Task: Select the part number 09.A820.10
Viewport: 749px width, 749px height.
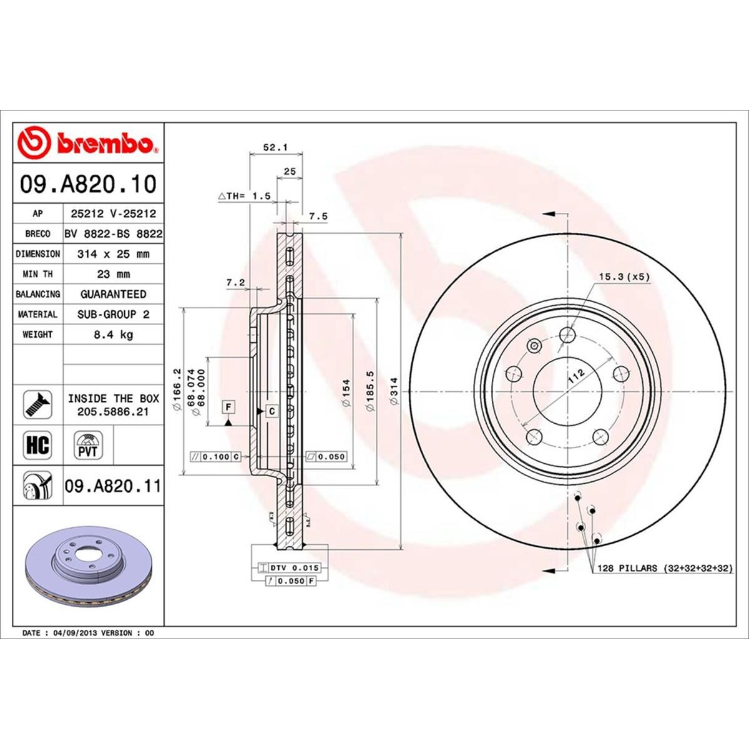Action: tap(88, 184)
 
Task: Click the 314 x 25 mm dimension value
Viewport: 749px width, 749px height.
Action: tap(113, 254)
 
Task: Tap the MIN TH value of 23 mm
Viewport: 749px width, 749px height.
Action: tap(113, 274)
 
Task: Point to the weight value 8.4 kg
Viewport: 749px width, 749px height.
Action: tap(113, 335)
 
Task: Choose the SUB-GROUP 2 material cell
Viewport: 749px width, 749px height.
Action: tap(113, 315)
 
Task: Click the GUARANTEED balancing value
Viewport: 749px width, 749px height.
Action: tap(113, 294)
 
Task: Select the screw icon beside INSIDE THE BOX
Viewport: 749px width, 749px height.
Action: tap(38, 405)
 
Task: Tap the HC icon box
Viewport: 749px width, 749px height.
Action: tap(38, 446)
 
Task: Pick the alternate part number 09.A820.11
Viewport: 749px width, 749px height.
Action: tap(113, 486)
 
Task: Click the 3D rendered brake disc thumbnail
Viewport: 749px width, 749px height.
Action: tap(87, 568)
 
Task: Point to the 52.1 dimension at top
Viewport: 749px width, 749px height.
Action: tap(275, 148)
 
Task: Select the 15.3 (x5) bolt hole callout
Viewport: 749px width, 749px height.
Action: tap(624, 276)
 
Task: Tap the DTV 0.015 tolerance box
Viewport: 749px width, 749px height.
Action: tap(289, 568)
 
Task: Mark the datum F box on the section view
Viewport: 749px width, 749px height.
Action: tap(229, 408)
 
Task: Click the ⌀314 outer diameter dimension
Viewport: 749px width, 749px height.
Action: tap(393, 391)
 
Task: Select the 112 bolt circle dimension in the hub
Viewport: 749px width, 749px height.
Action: tap(575, 376)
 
